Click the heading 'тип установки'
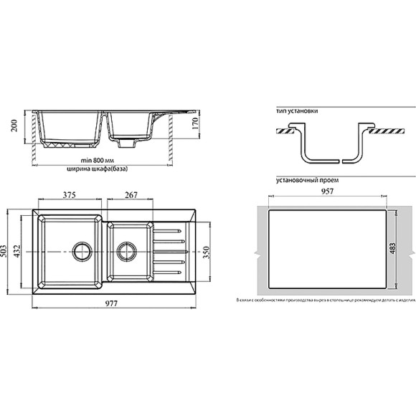tap(296, 113)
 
